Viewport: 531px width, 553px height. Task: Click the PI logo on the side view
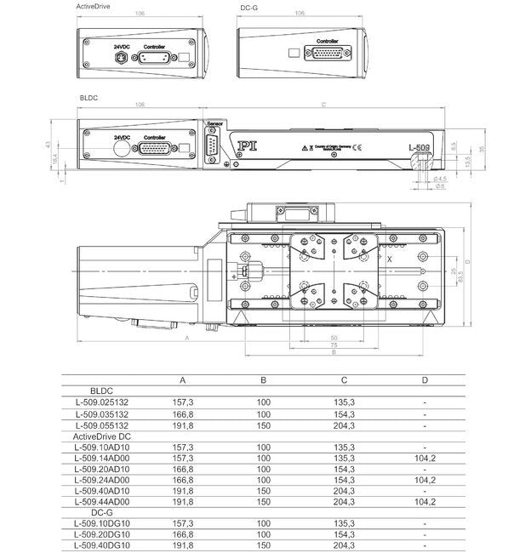pos(247,145)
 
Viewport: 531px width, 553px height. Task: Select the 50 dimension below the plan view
pos(333,338)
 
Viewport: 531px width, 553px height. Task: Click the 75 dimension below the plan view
pos(333,345)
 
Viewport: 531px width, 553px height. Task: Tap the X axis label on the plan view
pos(389,256)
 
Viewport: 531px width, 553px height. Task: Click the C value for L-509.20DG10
pos(344,533)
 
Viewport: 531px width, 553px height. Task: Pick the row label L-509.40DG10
pos(102,544)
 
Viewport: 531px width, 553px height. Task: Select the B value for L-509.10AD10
pos(264,446)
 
